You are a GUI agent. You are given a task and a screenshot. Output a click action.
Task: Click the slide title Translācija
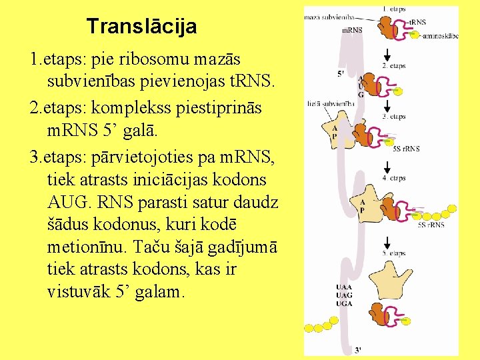[141, 27]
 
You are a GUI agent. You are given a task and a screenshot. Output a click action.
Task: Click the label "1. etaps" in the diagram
[393, 8]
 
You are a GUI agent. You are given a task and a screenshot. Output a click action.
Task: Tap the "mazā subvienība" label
[329, 17]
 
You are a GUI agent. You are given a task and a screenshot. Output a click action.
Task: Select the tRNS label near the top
[417, 23]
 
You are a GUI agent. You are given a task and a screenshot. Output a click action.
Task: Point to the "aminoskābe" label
[440, 36]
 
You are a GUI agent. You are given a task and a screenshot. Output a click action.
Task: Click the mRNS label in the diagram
[351, 30]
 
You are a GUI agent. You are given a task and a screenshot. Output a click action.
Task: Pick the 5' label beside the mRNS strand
[341, 72]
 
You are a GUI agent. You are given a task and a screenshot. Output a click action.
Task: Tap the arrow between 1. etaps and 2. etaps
[387, 54]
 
